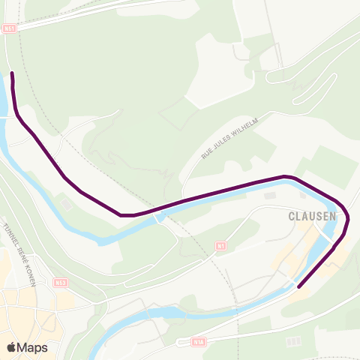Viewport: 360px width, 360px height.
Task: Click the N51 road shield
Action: (x=10, y=28)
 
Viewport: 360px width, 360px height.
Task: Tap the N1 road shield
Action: (x=220, y=245)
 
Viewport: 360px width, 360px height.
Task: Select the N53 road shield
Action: (x=61, y=282)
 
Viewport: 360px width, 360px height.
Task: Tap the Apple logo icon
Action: (x=11, y=347)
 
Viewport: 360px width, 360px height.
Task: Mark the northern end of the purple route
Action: (x=13, y=73)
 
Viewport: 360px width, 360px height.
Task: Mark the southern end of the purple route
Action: (x=299, y=286)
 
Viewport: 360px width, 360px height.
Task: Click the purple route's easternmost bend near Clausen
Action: (x=348, y=219)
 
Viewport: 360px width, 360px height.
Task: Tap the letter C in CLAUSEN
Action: (x=292, y=216)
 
